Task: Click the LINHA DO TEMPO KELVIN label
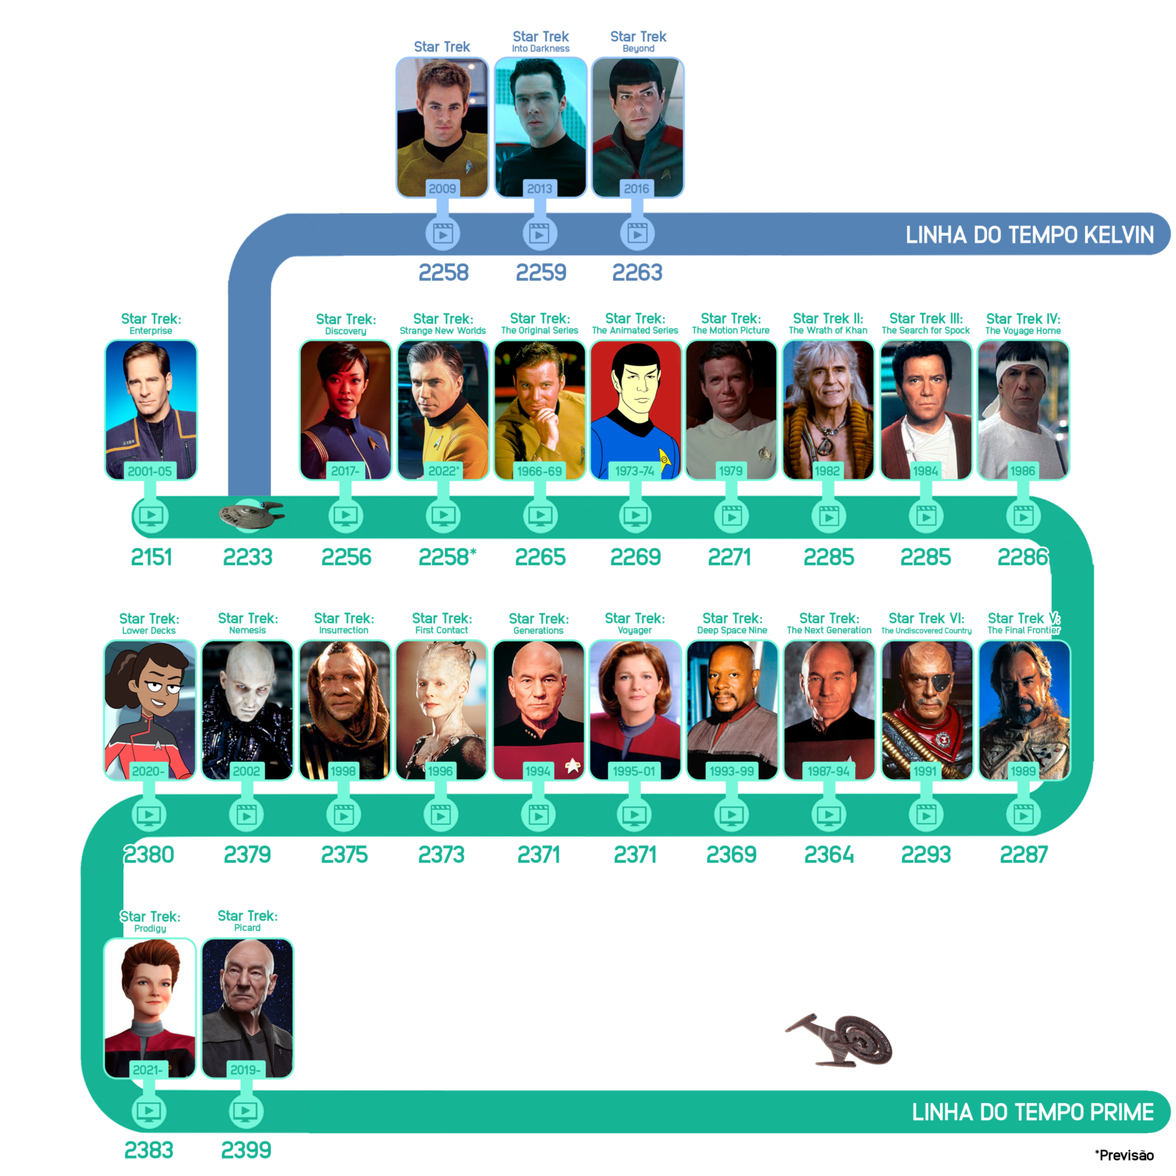tap(1029, 234)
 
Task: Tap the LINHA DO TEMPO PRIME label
tap(1032, 1112)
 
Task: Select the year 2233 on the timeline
tap(247, 557)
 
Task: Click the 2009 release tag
tap(442, 188)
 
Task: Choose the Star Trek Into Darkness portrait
tap(541, 127)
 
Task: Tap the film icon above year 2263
tap(637, 233)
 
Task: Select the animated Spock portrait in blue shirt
tap(635, 410)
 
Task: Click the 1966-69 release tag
tap(539, 471)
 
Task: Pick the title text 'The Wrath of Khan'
tap(828, 331)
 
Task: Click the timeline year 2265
tap(541, 557)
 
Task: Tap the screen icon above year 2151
tap(151, 515)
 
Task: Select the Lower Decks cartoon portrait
tap(150, 710)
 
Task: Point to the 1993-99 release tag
tap(732, 771)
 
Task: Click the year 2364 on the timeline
tap(829, 854)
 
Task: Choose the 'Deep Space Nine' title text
tap(732, 631)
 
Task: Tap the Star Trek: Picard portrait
tap(247, 1008)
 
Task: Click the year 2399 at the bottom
tap(246, 1150)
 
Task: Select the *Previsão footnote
tap(1124, 1155)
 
